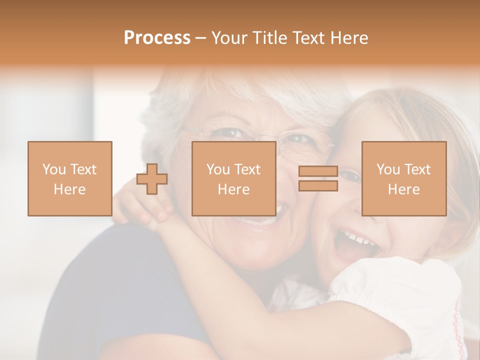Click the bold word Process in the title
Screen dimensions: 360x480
(157, 38)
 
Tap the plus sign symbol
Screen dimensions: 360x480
(152, 178)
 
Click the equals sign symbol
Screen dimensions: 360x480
(318, 178)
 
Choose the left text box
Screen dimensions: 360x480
(69, 178)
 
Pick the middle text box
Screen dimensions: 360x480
(233, 178)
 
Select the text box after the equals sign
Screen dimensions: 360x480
(403, 178)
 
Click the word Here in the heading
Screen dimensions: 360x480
(350, 38)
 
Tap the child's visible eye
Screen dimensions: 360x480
(352, 175)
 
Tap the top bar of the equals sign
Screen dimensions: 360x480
(318, 171)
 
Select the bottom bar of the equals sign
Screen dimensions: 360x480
(318, 186)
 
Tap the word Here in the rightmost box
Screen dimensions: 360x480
(403, 189)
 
